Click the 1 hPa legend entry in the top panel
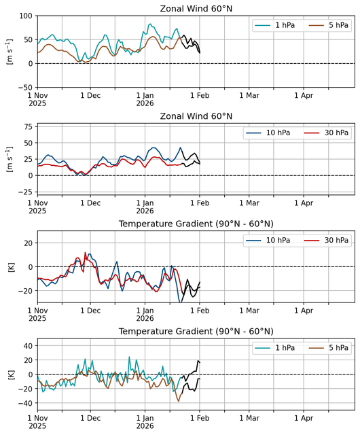pyautogui.click(x=274, y=25)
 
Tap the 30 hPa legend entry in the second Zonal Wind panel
pyautogui.click(x=326, y=133)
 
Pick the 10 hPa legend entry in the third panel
pyautogui.click(x=268, y=240)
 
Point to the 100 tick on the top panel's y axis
pyautogui.click(x=26, y=16)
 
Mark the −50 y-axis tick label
pyautogui.click(x=25, y=88)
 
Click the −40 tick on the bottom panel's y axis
pyautogui.click(x=25, y=403)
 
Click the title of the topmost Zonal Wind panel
pyautogui.click(x=196, y=9)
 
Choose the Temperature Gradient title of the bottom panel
pyautogui.click(x=196, y=331)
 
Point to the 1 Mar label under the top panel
pyautogui.click(x=249, y=95)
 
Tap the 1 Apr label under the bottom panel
pyautogui.click(x=304, y=418)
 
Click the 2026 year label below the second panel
pyautogui.click(x=145, y=211)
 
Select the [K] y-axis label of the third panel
pyautogui.click(x=12, y=267)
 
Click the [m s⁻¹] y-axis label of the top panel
pyautogui.click(x=10, y=52)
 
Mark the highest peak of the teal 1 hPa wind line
pyautogui.click(x=150, y=24)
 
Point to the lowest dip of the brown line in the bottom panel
pyautogui.click(x=179, y=401)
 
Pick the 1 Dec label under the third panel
pyautogui.click(x=90, y=311)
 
